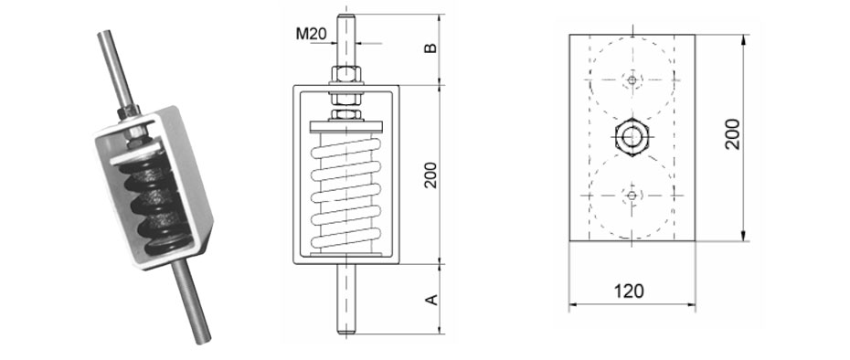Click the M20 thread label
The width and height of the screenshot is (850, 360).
point(311,35)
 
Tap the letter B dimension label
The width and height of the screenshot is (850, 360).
point(430,48)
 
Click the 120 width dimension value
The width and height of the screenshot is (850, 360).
point(630,291)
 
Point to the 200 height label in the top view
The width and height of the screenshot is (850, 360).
point(732,134)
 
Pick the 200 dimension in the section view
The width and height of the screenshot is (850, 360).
point(430,175)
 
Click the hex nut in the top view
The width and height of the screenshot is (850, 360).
point(631,137)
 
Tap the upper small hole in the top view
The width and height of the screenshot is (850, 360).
point(632,80)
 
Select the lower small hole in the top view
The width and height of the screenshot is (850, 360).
point(632,196)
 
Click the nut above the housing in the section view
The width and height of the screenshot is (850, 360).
point(346,74)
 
